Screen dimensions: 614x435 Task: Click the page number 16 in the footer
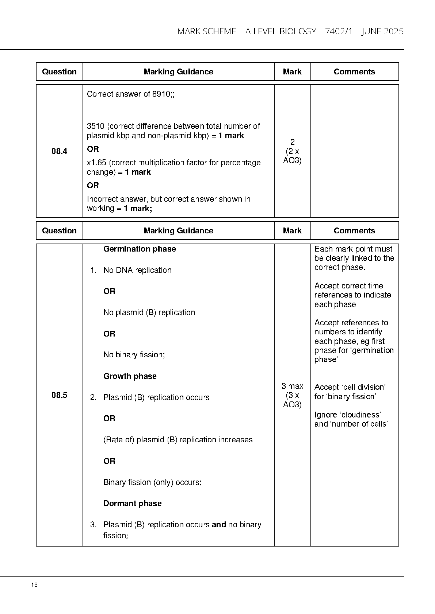click(x=34, y=585)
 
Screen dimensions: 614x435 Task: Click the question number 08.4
click(x=59, y=151)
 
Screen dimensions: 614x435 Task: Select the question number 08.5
click(x=59, y=395)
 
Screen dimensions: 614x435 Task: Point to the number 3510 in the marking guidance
click(x=96, y=126)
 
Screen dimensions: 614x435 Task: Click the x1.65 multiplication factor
click(x=96, y=163)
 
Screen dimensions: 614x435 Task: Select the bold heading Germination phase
click(x=140, y=249)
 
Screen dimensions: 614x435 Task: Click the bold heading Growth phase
click(x=130, y=376)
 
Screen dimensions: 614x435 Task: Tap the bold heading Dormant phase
click(x=132, y=504)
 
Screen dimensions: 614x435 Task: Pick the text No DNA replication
click(x=137, y=270)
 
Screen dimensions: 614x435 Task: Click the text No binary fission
click(x=134, y=355)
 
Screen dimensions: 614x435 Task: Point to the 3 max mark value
click(x=292, y=386)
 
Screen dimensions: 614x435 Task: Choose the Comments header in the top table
click(x=354, y=72)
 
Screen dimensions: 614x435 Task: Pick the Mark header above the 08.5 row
click(x=292, y=231)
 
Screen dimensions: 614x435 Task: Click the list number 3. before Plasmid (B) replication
click(x=93, y=525)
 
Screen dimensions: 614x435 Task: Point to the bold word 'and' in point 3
click(x=219, y=525)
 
